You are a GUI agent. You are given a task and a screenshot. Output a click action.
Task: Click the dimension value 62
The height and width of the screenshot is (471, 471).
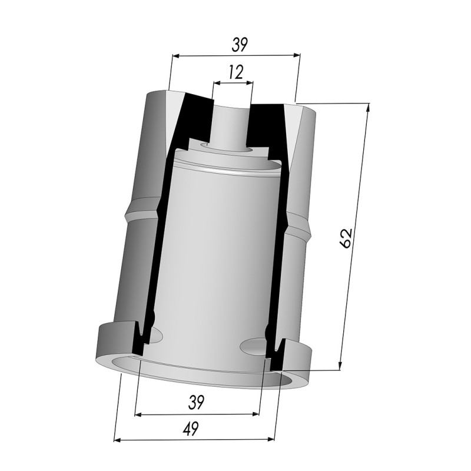click(x=346, y=238)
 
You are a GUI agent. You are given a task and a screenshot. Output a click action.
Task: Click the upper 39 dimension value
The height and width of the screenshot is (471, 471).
click(x=240, y=45)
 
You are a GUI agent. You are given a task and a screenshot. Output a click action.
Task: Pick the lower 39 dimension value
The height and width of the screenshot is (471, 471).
click(x=196, y=403)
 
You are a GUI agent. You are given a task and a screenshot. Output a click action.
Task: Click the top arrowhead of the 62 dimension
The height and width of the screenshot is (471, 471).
click(x=368, y=107)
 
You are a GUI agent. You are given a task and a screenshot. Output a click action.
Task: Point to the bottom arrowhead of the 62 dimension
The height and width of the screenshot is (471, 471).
click(x=340, y=366)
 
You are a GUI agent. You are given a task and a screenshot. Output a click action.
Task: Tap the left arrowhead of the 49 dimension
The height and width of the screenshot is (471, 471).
click(x=117, y=440)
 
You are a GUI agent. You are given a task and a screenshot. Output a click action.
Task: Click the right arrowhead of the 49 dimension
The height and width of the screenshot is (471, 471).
click(x=271, y=439)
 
